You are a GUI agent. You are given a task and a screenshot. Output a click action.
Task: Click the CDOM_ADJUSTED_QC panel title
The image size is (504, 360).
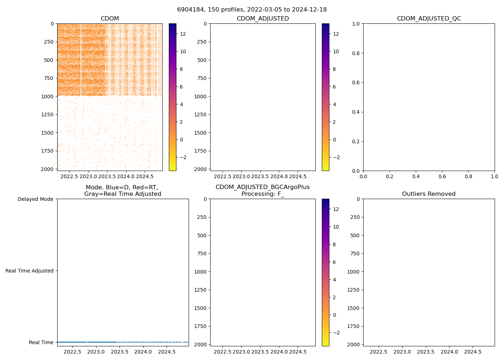[429, 19]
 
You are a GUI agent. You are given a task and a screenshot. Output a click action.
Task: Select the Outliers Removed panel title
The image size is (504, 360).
[429, 194]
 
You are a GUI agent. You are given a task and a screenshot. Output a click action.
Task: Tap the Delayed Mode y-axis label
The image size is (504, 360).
[35, 199]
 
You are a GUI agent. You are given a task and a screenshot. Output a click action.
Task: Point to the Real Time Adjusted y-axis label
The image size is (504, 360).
[30, 271]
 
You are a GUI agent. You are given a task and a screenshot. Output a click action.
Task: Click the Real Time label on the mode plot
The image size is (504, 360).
[41, 342]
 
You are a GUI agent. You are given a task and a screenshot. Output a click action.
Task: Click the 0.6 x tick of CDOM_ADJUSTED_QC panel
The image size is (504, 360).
[442, 177]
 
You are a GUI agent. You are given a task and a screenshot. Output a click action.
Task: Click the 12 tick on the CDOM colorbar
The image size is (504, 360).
[183, 34]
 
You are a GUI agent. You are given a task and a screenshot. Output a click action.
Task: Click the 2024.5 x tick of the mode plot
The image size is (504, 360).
[167, 352]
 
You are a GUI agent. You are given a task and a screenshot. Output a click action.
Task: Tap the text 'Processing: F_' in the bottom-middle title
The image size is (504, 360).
[262, 194]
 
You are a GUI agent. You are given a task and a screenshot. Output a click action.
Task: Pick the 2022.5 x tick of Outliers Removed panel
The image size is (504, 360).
[378, 352]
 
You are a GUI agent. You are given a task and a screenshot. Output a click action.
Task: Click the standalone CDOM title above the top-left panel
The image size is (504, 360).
[110, 19]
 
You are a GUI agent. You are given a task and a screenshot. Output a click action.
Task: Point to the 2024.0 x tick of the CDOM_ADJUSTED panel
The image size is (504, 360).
[279, 177]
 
